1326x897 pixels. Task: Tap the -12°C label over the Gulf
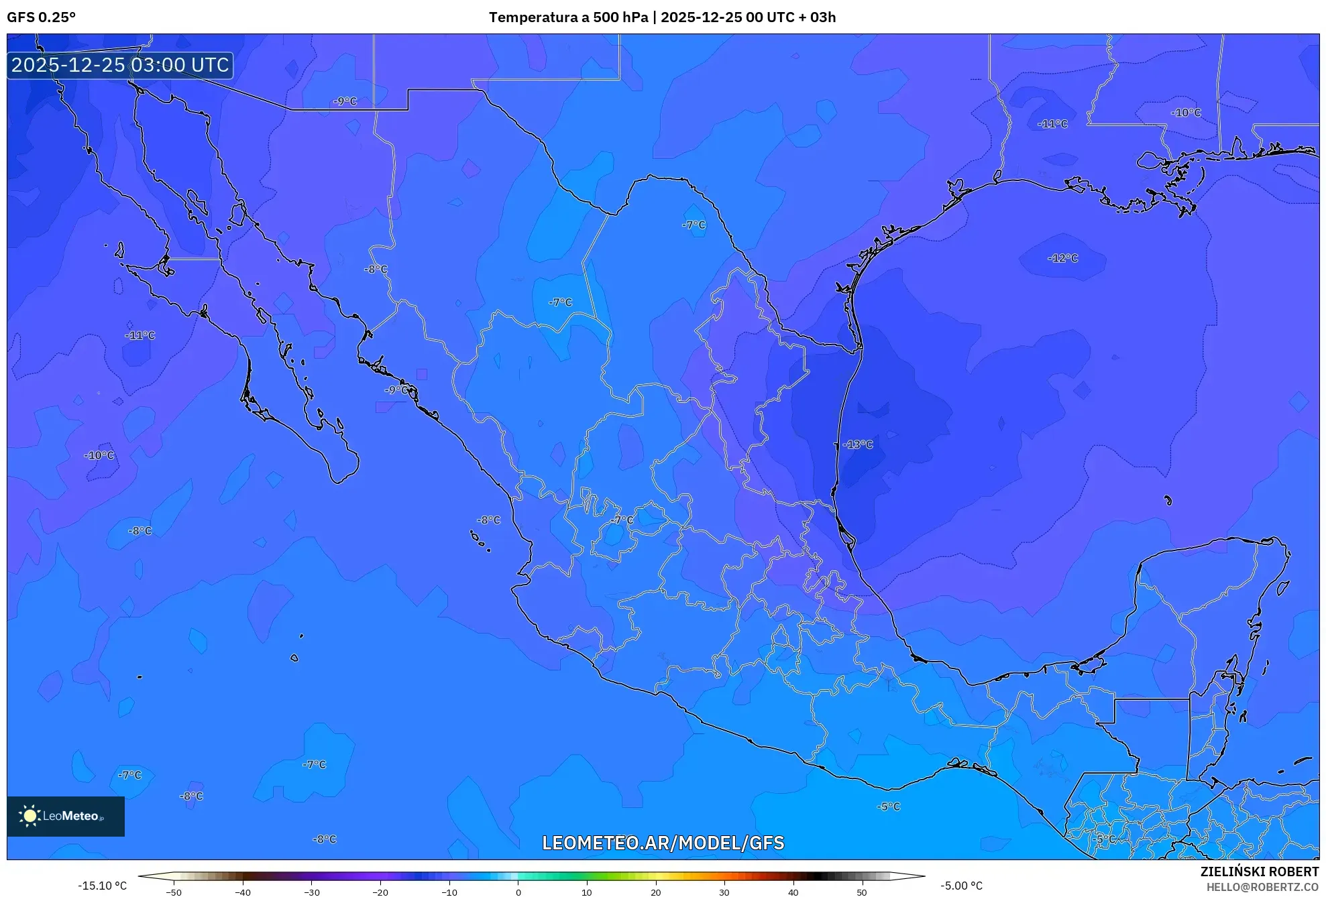1062,258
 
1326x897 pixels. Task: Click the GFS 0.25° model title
42,17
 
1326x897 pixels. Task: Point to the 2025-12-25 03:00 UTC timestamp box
120,65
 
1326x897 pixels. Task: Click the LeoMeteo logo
65,816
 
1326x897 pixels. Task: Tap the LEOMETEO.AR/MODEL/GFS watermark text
663,843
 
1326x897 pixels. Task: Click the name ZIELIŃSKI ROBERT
1259,872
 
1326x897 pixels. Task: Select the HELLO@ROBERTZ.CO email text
1262,887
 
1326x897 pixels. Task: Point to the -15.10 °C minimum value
102,886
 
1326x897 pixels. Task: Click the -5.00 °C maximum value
961,886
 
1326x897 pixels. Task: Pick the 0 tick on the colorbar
518,892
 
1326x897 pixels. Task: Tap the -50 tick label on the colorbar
174,892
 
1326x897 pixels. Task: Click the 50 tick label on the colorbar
861,892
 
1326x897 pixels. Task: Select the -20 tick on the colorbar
380,892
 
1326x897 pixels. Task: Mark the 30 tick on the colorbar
724,892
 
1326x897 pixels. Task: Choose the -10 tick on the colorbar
449,892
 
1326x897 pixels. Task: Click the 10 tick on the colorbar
586,892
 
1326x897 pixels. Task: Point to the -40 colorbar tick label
243,892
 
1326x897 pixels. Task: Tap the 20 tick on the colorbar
655,892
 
